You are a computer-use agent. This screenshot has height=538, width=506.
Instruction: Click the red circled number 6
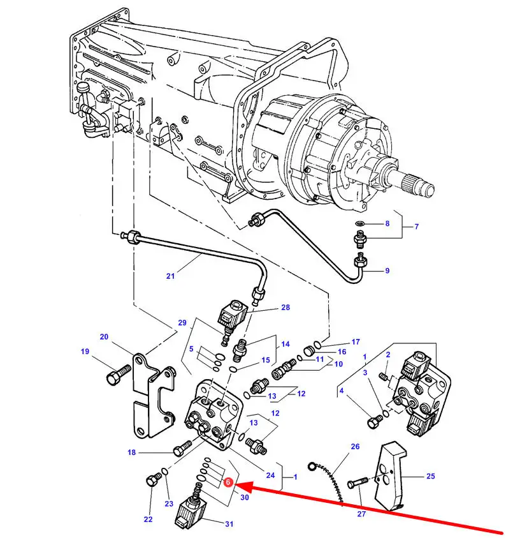pos(228,482)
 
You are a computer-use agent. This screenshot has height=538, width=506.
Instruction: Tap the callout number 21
pos(170,276)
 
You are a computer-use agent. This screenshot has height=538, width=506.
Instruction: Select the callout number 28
pos(286,307)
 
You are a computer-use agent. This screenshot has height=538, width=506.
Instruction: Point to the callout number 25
pos(431,476)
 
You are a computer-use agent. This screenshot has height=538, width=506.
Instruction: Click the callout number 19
pos(85,352)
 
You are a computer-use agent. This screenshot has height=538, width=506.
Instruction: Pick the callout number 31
pos(229,524)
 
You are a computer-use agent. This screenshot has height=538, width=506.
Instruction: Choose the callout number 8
pos(387,223)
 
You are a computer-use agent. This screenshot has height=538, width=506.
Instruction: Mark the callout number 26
pos(355,446)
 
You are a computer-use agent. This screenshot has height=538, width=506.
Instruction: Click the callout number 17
pos(356,341)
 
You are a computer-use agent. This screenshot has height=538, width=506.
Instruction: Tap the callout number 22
pos(148,519)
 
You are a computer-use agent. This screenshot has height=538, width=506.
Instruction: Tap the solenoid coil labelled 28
pos(232,313)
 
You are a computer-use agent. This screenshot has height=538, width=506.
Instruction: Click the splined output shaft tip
pos(426,188)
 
